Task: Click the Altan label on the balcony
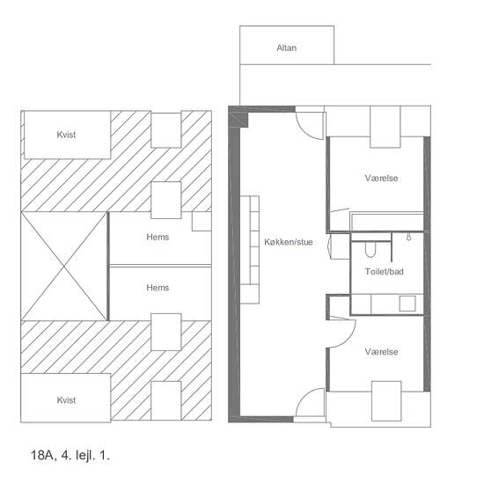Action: [x=287, y=48]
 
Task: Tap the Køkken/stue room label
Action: [x=289, y=242]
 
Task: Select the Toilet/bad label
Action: [x=385, y=271]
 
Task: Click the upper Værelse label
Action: [x=381, y=178]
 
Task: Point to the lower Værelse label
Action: [x=381, y=352]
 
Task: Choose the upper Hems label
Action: [x=158, y=237]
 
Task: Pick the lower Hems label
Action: [x=158, y=288]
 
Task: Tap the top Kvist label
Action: [x=66, y=135]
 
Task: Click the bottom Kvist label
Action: [x=66, y=400]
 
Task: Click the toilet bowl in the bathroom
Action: [x=370, y=249]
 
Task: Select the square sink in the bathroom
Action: [x=407, y=304]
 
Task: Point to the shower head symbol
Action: [x=408, y=237]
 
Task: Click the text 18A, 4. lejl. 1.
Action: [x=70, y=455]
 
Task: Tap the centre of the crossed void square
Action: [x=64, y=266]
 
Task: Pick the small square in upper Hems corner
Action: [x=202, y=221]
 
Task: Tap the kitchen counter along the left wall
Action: [x=250, y=250]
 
